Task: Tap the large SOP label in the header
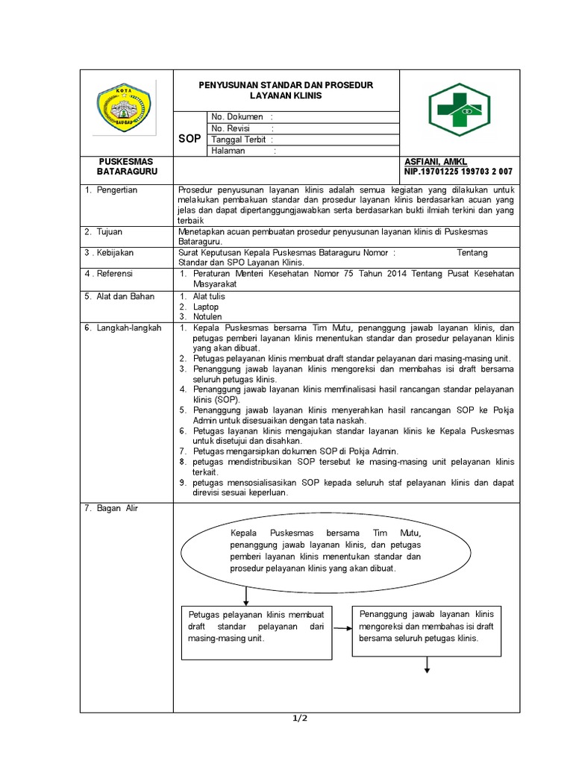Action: [x=190, y=139]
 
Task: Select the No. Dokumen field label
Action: [x=237, y=117]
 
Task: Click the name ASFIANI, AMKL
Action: [x=436, y=162]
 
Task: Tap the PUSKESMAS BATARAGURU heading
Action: [x=126, y=167]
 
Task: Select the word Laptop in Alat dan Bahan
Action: [x=206, y=307]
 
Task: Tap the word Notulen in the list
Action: [x=208, y=316]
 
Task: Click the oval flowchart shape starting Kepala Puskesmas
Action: [x=326, y=552]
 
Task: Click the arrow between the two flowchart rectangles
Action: [x=342, y=628]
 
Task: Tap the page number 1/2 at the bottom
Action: [x=298, y=718]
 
